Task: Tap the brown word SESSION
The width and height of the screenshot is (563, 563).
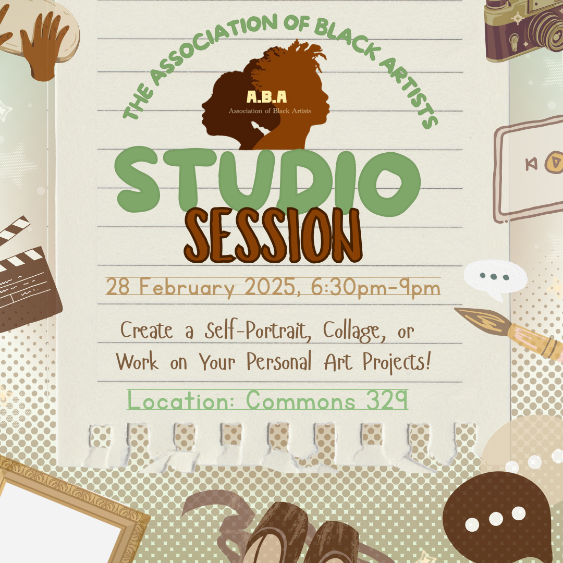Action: coord(273,235)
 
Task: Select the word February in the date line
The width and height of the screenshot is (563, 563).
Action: coord(187,288)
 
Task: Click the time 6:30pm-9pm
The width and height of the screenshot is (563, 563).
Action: coord(375,288)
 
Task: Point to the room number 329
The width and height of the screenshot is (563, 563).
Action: coord(387,400)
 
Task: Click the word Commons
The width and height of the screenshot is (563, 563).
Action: coord(301,400)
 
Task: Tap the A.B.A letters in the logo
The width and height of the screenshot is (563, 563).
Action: coord(267,97)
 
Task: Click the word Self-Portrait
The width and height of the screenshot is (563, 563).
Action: coord(258,331)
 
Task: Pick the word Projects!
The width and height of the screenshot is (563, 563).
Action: coord(397,362)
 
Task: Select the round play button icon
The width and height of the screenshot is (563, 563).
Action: coord(555,162)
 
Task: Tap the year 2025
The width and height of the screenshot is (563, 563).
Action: coord(273,287)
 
